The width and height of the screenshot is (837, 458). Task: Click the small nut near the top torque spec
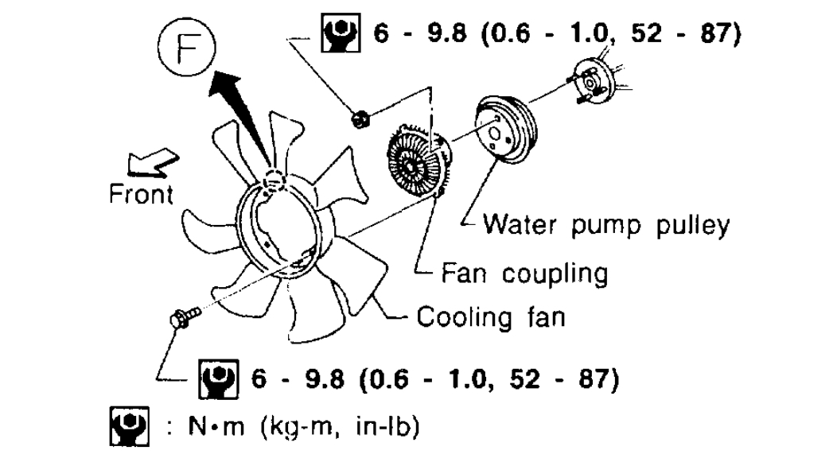pyautogui.click(x=360, y=120)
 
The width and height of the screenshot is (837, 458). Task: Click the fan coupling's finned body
pyautogui.click(x=414, y=163)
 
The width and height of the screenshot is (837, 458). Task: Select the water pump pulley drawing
pyautogui.click(x=505, y=130)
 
